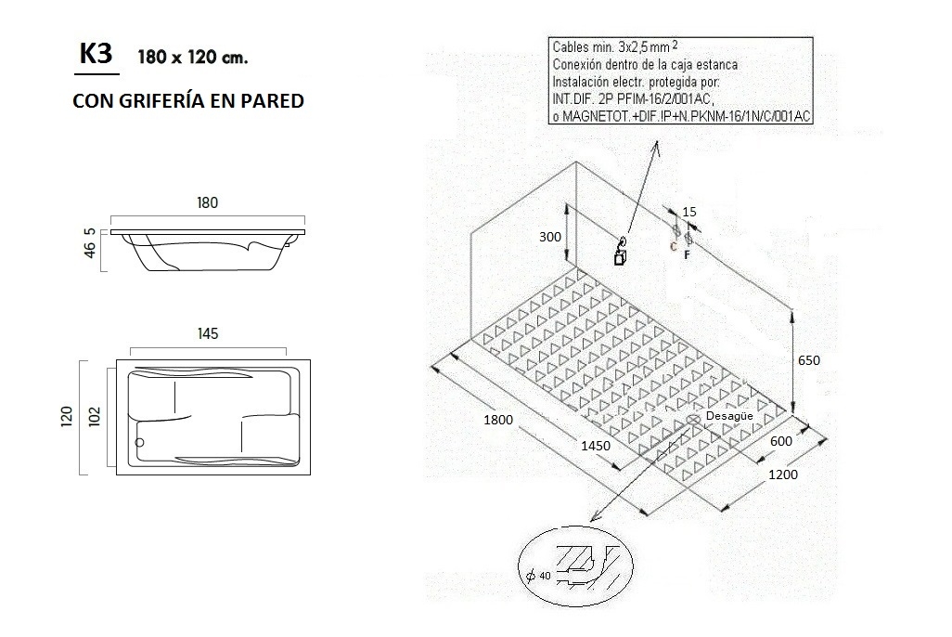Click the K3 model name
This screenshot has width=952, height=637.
[96, 54]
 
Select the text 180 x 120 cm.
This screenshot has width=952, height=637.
[192, 58]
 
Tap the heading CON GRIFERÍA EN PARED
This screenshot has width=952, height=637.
[187, 100]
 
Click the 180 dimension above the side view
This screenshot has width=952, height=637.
[206, 204]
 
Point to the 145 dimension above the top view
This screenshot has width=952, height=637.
[208, 334]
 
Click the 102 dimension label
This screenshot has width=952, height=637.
[94, 414]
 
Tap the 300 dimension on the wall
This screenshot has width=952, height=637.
[550, 237]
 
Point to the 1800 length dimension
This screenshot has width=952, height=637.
[499, 420]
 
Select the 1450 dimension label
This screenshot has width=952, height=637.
[595, 446]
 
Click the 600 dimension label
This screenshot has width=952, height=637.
[781, 441]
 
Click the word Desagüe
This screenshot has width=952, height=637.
[728, 416]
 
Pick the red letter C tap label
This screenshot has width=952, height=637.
[675, 246]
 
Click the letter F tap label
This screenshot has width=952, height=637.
[687, 253]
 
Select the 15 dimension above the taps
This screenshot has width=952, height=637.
[688, 212]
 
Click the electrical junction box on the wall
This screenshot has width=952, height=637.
[619, 257]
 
